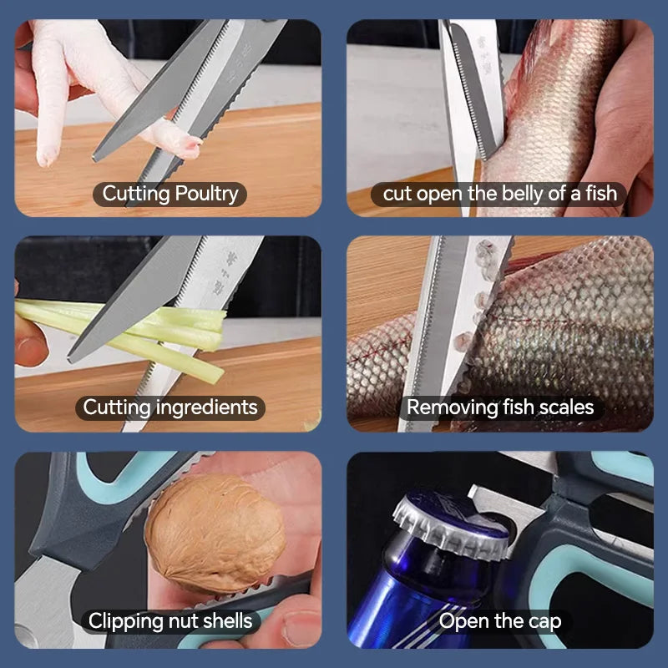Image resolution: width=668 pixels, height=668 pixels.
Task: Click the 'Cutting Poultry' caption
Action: pos(170,195)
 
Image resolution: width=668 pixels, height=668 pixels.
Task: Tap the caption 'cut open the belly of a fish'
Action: pos(500,195)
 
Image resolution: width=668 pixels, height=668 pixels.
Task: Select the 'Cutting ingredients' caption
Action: pos(170,407)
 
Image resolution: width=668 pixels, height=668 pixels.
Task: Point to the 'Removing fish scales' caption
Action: pos(500,407)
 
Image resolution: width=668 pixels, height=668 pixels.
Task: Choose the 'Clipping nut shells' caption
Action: pos(170,621)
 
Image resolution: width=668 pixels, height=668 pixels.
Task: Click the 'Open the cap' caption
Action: pos(500,621)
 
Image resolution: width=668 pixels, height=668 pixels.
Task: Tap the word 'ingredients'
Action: pos(206,407)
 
